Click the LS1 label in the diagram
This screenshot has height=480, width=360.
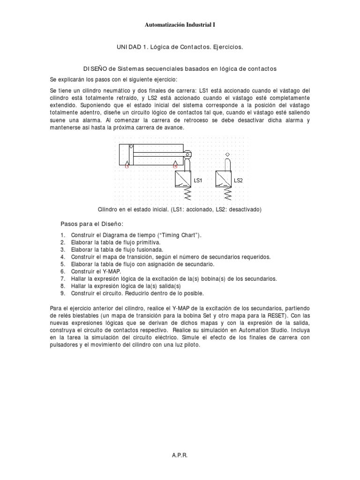(198, 180)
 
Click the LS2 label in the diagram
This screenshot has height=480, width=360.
(238, 180)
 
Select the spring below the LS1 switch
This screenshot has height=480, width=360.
(186, 192)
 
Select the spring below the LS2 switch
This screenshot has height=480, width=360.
(227, 192)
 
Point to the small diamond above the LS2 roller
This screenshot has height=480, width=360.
(227, 154)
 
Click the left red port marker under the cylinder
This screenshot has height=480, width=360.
(127, 165)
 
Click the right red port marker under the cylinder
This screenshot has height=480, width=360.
(175, 165)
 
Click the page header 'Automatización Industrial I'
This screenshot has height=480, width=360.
(180, 24)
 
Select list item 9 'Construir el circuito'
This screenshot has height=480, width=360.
(137, 293)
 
